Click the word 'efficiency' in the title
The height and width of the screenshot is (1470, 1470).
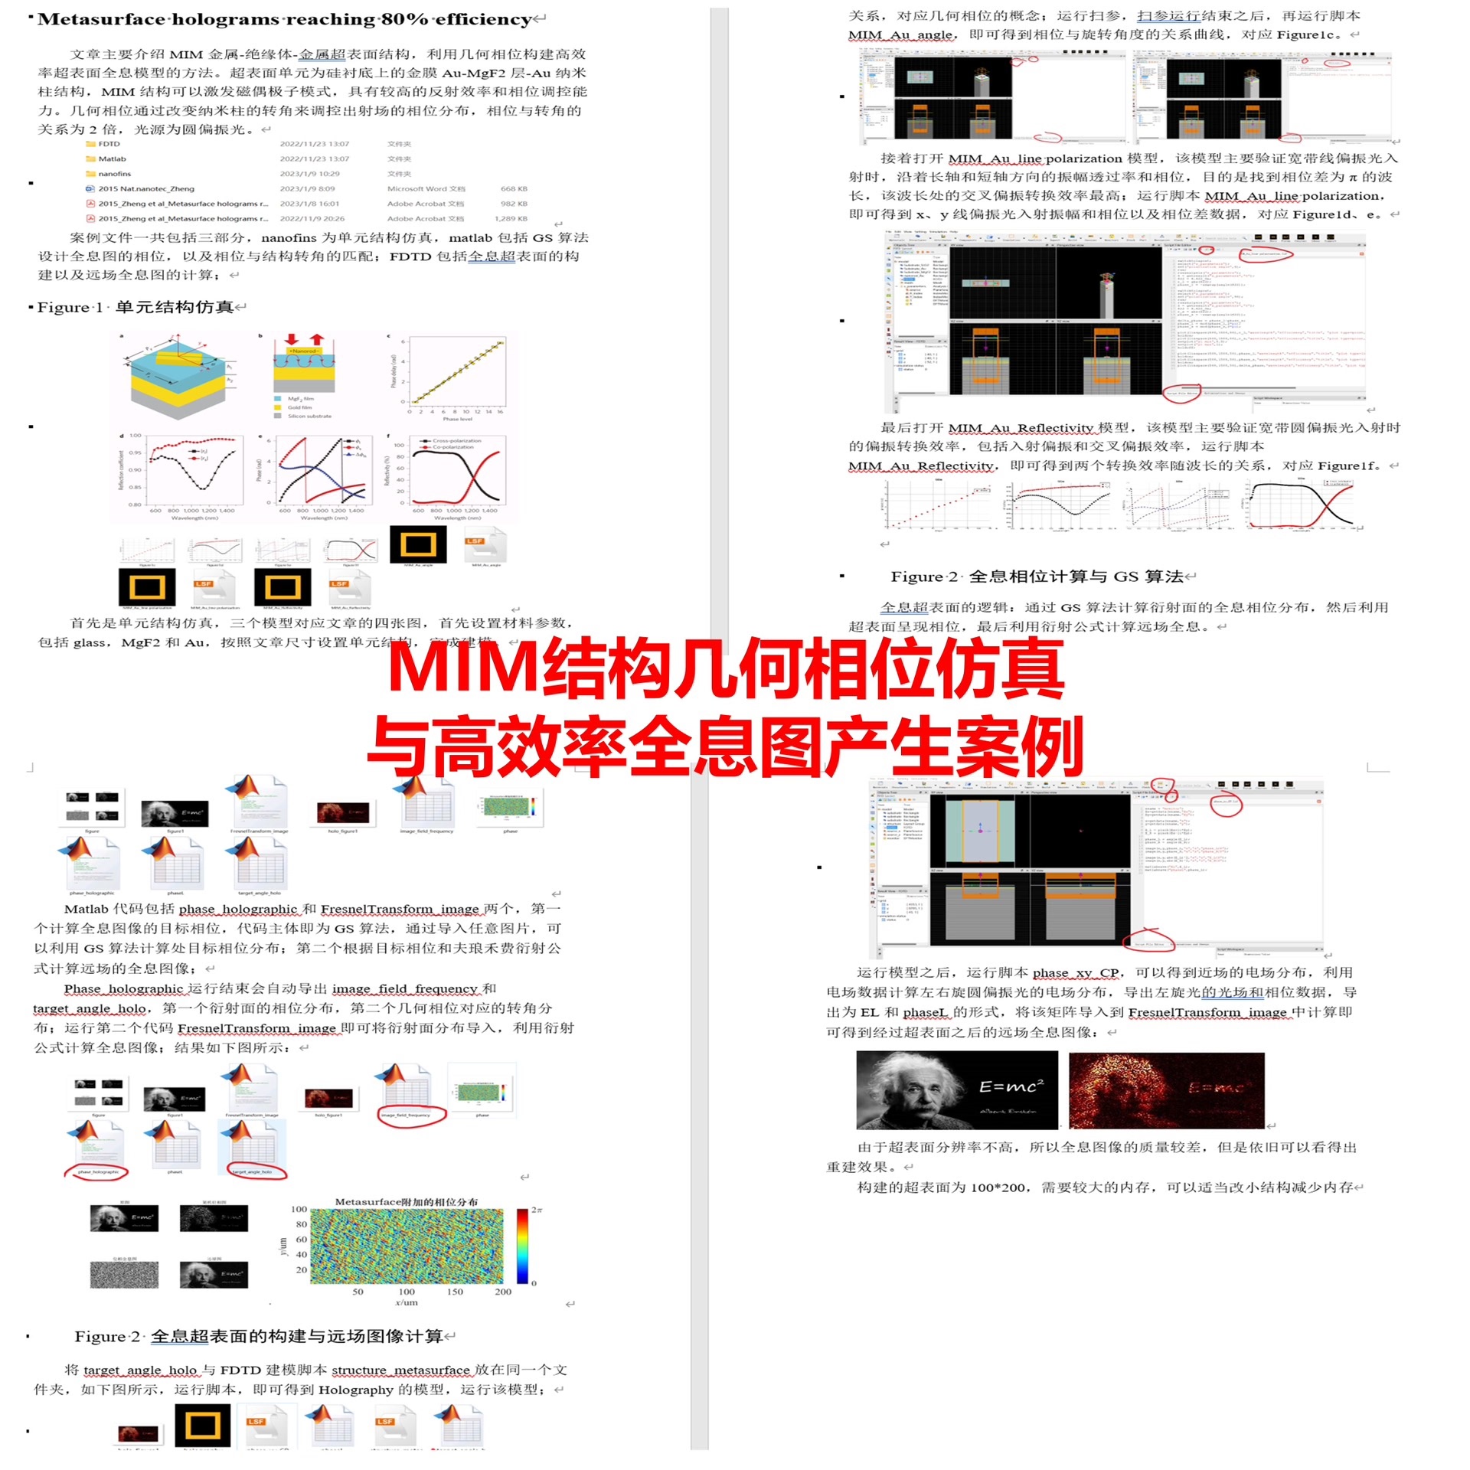(x=483, y=19)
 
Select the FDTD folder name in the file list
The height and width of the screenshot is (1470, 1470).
(x=109, y=144)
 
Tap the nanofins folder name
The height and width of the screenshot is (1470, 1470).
(x=114, y=174)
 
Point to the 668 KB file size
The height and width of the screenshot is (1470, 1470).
(x=514, y=188)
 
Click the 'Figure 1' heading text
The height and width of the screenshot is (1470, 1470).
(x=70, y=307)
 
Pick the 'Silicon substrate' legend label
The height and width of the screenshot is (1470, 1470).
(x=309, y=416)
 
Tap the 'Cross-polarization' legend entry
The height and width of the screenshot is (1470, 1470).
(x=457, y=440)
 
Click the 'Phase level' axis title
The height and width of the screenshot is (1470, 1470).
(x=456, y=419)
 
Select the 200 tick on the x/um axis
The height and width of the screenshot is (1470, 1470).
(x=502, y=1292)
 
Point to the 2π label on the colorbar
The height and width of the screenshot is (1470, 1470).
(x=537, y=1210)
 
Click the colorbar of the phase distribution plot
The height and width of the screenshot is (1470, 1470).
(x=522, y=1246)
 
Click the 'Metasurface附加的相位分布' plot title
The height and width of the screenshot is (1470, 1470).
(x=406, y=1202)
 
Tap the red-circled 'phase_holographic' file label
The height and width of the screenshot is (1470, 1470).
(x=98, y=1172)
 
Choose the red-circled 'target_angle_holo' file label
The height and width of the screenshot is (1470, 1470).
(x=252, y=1172)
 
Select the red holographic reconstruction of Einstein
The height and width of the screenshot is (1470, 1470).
(x=1165, y=1089)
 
